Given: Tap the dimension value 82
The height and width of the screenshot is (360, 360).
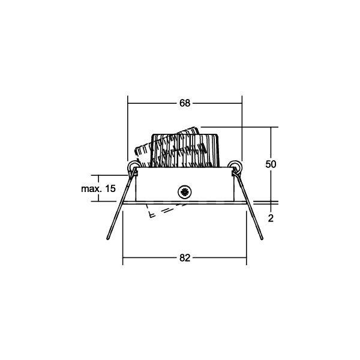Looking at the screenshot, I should pyautogui.click(x=184, y=258).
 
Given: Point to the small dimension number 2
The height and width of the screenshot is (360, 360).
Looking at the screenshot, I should pyautogui.click(x=271, y=218).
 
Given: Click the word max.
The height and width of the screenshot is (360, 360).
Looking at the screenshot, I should pyautogui.click(x=91, y=188).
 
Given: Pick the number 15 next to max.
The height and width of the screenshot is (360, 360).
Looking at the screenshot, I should pyautogui.click(x=109, y=188).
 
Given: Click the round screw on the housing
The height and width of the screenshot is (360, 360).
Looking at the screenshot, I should pyautogui.click(x=184, y=192).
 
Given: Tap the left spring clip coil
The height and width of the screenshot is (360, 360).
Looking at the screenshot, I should pyautogui.click(x=133, y=166).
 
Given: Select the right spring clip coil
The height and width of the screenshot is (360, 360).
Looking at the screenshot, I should pyautogui.click(x=235, y=166).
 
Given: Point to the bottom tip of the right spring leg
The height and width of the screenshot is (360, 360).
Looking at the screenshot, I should pyautogui.click(x=261, y=241).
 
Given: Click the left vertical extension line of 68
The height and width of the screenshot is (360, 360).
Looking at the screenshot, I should pyautogui.click(x=128, y=126).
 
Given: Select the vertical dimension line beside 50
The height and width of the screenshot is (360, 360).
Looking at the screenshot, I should pyautogui.click(x=271, y=144).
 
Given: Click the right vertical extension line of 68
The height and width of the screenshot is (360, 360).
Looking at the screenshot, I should pyautogui.click(x=241, y=126).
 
